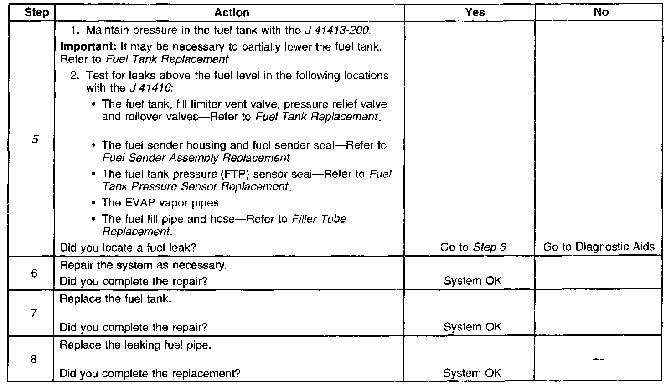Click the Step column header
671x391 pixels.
(36, 13)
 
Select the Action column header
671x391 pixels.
(232, 13)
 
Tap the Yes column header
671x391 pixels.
(475, 13)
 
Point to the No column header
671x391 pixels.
(601, 13)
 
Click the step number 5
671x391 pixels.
(35, 139)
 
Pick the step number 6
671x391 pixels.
(34, 273)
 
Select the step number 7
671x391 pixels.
(34, 313)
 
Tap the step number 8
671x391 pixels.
(34, 359)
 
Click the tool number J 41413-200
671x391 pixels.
(336, 31)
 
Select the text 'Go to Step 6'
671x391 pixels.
(473, 247)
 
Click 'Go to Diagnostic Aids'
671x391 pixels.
(599, 247)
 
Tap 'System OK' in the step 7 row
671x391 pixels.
(472, 327)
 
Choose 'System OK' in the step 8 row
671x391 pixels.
(472, 373)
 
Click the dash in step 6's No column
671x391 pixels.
(599, 273)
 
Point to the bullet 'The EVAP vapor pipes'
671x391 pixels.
(160, 203)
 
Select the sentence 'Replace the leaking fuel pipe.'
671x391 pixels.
(135, 345)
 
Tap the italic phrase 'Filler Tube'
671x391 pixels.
(319, 219)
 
